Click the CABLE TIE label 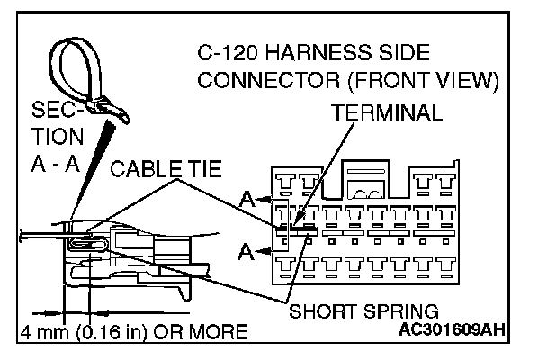click(x=166, y=168)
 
